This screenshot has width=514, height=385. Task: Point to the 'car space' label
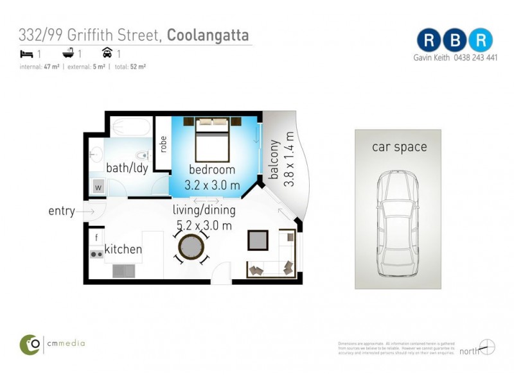coord(399,147)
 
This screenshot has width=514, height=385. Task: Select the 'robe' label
coord(163,142)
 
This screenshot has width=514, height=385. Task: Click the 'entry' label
coord(62,211)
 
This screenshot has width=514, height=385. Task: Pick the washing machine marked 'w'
coord(98,187)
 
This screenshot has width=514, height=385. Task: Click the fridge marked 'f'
coord(96,237)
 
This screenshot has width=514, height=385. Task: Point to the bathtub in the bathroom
coord(131,126)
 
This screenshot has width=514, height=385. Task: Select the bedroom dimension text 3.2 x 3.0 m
coord(212,185)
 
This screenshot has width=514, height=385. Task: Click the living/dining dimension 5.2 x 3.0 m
coord(204,225)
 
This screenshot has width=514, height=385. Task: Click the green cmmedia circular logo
coord(30,344)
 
